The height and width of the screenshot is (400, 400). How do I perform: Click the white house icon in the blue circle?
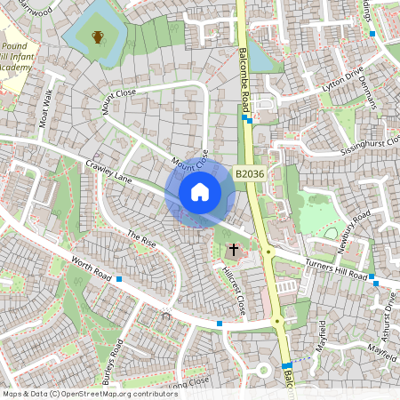coord(199,192)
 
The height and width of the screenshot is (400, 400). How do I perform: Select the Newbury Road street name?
coord(348,231)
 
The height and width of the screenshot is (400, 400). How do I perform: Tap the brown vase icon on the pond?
coord(98,36)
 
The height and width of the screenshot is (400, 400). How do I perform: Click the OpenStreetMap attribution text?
coord(90,394)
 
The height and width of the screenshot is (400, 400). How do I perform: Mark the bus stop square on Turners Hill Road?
coord(376,283)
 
